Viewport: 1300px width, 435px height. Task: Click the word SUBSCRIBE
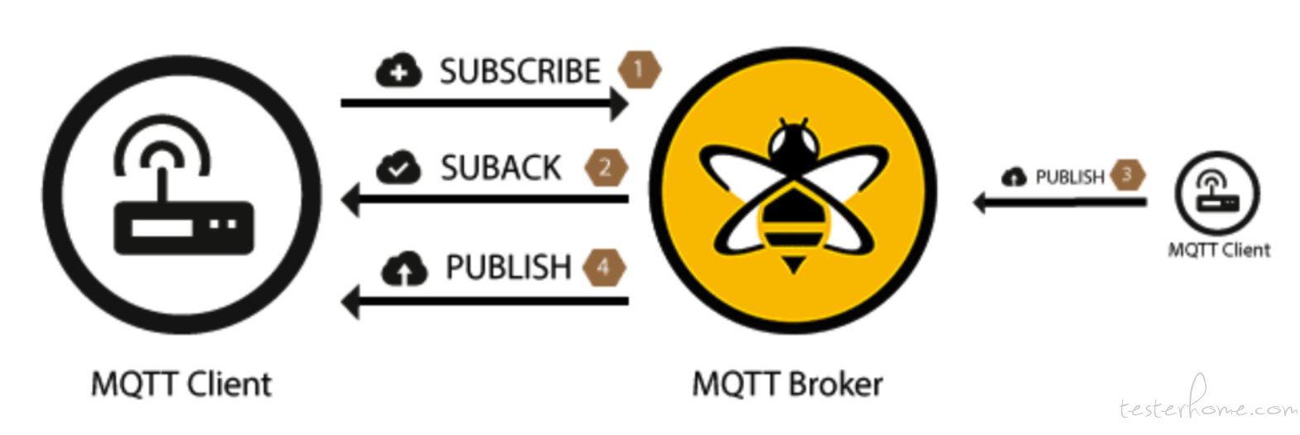[520, 71]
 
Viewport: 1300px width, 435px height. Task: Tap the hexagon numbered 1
[639, 69]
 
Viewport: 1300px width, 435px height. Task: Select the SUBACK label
[501, 168]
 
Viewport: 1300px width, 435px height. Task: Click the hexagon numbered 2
[606, 168]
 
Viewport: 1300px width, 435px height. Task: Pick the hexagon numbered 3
[1127, 174]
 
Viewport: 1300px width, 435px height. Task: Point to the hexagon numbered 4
[605, 267]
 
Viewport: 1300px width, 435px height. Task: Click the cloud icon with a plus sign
[398, 71]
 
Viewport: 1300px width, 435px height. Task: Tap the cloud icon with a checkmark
[398, 168]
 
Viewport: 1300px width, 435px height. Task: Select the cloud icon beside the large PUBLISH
[404, 269]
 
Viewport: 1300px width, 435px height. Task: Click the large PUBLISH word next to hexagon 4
[509, 268]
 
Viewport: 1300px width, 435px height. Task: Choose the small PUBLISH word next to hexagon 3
[1070, 177]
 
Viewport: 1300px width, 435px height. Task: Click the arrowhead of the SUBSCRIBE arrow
[619, 104]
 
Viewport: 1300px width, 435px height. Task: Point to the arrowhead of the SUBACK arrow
[351, 199]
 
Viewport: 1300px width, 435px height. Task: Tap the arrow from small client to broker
[1059, 203]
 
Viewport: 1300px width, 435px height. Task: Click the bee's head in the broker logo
[793, 145]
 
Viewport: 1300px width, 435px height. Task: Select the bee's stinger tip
[793, 272]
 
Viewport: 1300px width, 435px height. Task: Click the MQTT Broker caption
[787, 385]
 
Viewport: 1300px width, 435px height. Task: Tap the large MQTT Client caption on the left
[181, 385]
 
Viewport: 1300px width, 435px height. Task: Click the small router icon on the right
[1217, 193]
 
